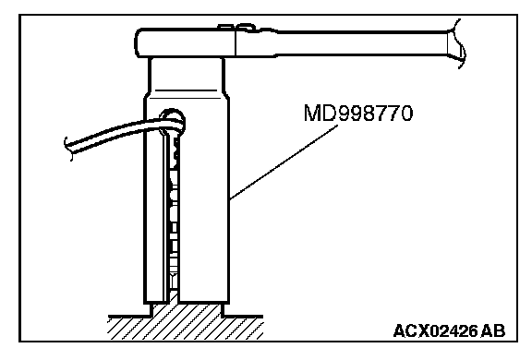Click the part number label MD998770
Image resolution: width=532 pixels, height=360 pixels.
[358, 113]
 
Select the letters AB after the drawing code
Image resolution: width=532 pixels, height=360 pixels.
[493, 330]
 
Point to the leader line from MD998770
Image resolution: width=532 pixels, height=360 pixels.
[284, 162]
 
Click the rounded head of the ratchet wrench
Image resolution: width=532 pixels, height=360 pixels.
[186, 43]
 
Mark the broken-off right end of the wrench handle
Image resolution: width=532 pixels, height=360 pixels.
[456, 43]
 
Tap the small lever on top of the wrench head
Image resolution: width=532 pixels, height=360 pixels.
[237, 28]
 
